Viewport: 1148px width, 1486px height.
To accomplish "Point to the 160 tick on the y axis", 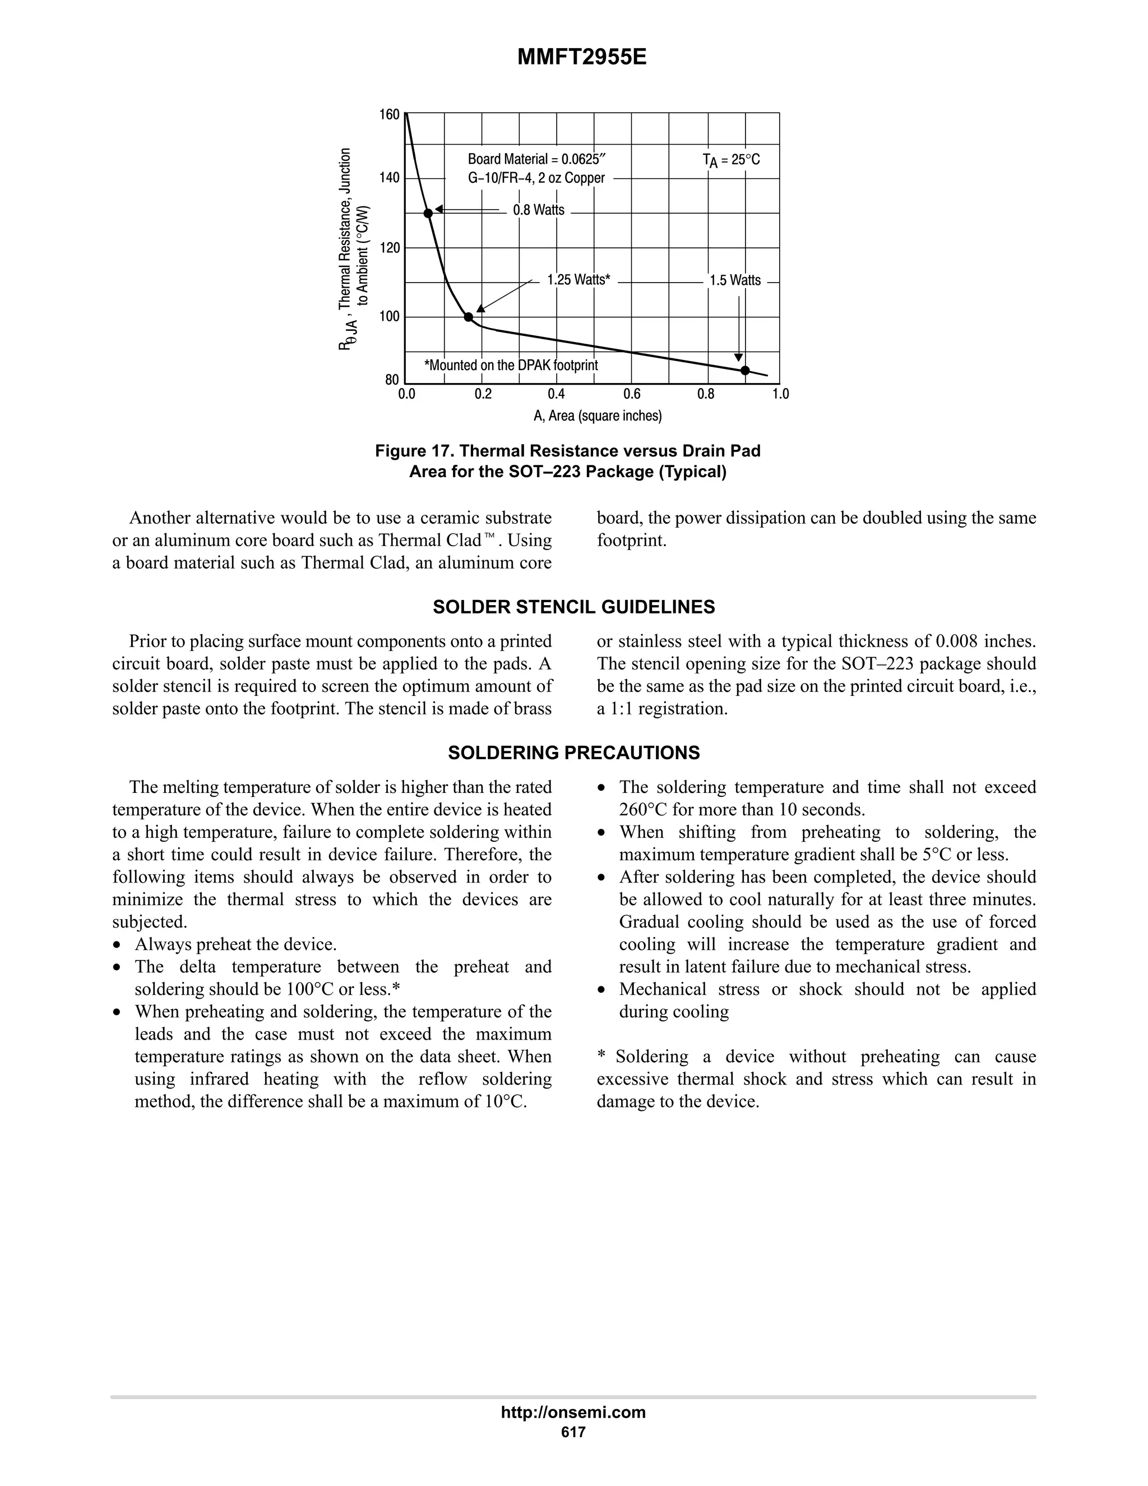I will click(389, 114).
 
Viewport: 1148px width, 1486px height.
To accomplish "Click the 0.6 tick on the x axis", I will click(631, 394).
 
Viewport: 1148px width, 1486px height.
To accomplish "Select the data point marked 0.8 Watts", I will click(428, 213).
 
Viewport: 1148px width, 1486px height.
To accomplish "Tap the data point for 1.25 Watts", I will click(468, 317).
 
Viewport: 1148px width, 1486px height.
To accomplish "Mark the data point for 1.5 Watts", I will click(745, 370).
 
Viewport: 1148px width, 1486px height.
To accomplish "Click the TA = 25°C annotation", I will click(731, 160).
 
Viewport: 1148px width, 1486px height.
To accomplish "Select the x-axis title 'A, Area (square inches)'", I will click(597, 416).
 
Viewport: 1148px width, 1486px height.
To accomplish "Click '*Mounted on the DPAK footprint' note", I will click(511, 366).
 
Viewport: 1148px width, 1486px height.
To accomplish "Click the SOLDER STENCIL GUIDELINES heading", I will click(573, 607).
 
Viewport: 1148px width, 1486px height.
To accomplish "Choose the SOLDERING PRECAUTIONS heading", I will click(573, 753).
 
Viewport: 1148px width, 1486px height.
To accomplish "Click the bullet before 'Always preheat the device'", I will click(119, 945).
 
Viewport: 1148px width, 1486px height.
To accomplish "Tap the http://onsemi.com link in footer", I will click(573, 1413).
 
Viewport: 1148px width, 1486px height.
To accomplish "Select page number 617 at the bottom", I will click(573, 1432).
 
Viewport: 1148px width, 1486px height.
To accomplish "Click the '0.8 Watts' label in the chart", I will click(538, 210).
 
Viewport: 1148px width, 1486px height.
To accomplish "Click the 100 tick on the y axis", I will click(389, 316).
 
